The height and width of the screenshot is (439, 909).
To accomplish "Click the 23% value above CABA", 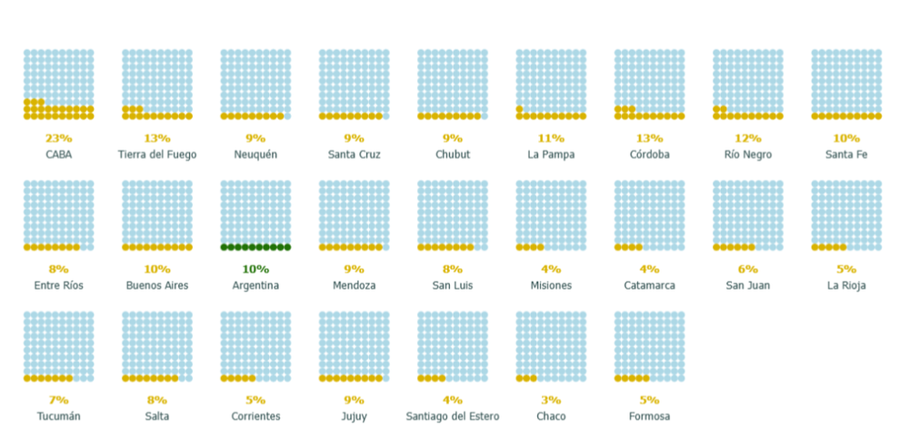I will click(x=59, y=138).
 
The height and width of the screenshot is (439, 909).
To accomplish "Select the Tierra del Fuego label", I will click(x=157, y=155).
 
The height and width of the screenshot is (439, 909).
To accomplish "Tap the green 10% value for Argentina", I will click(x=255, y=269).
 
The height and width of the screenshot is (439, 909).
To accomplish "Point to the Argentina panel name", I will click(x=255, y=285).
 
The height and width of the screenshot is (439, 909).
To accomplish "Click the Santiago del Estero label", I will click(x=453, y=416).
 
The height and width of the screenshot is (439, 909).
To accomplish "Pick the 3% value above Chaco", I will click(x=551, y=400).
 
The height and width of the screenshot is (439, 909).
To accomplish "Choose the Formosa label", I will click(x=649, y=416).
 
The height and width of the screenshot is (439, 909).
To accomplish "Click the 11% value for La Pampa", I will click(x=551, y=138).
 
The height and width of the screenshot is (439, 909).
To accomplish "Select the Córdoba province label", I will click(x=649, y=155).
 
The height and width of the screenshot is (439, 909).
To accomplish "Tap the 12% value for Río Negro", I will click(x=748, y=138).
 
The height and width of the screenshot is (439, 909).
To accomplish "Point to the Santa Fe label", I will click(x=846, y=155).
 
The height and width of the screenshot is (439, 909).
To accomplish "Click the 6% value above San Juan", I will click(x=748, y=269).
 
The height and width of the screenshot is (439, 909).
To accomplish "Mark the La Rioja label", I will click(x=846, y=285).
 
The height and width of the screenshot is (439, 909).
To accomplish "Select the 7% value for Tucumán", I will click(x=59, y=400).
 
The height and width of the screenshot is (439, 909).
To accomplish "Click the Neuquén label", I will click(x=255, y=155).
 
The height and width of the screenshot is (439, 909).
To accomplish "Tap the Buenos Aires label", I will click(x=157, y=285).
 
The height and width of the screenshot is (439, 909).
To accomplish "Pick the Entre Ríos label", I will click(x=59, y=285).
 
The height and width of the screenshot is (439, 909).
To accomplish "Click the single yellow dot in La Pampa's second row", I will click(x=520, y=109).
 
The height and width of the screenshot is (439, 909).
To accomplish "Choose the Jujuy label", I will click(x=355, y=416).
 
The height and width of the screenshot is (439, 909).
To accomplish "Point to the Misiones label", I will click(x=551, y=285).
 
